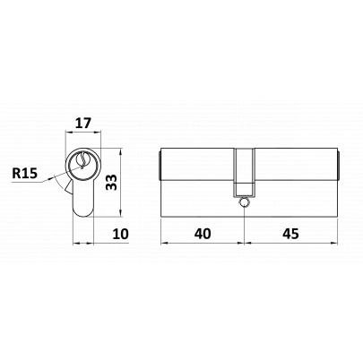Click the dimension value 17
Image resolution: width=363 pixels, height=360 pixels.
click(82, 124)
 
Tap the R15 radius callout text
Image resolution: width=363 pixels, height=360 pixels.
click(24, 173)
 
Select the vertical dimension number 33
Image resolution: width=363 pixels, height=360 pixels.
click(111, 182)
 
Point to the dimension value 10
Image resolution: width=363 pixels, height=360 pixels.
click(120, 234)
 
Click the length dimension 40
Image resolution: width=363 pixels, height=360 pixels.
click(203, 234)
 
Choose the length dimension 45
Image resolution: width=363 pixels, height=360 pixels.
click(290, 234)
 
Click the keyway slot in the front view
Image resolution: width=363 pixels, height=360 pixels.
click(83, 159)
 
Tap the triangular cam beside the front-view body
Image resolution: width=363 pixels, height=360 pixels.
click(69, 188)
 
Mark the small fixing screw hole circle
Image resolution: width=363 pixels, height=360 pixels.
click(244, 202)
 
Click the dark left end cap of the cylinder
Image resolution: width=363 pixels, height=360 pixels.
click(160, 165)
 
